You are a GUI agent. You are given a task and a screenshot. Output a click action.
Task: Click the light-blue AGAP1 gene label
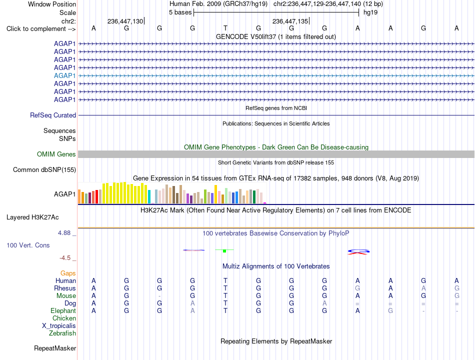point(65,75)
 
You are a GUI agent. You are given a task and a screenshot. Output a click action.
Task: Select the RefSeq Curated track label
point(53,115)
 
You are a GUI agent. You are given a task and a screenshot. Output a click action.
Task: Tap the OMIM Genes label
point(56,154)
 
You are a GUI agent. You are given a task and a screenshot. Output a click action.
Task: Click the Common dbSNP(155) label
point(44,169)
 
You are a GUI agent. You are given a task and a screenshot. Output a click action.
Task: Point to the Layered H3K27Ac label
point(32,217)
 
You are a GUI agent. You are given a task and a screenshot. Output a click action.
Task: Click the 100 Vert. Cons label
point(28,245)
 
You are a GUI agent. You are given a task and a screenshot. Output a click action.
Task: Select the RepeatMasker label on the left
point(55,348)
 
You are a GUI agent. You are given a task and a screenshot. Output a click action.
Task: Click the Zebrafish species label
point(62,333)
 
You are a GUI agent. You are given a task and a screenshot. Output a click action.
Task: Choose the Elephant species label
point(63,310)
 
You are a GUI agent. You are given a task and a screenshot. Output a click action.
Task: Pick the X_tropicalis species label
point(59,326)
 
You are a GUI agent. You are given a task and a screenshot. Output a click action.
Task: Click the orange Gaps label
point(68,273)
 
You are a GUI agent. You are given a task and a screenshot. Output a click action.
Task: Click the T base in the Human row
point(225,280)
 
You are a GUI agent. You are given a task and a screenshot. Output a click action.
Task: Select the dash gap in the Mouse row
point(159,296)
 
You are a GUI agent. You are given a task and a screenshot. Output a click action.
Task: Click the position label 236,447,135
point(290,21)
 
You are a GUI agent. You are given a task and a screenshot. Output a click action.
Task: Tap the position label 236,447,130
point(125,21)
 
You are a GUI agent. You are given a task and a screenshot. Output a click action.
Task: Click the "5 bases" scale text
point(180,12)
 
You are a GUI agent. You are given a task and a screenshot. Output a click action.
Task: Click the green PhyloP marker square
point(224,251)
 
